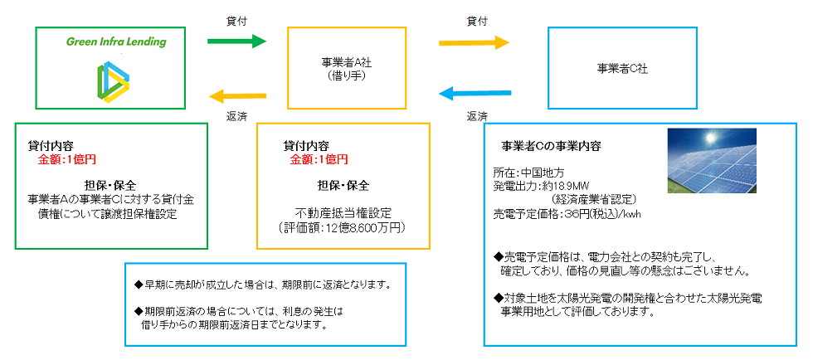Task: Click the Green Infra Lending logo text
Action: coord(116,41)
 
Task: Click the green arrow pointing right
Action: coord(236,41)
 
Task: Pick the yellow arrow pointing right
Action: coord(474,41)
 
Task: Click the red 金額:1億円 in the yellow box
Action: coord(319,158)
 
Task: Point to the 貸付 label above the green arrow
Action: coord(236,18)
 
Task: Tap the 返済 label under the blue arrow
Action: coord(476,115)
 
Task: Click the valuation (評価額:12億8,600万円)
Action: coord(343,226)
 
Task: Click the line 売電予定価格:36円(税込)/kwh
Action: coord(567,213)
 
